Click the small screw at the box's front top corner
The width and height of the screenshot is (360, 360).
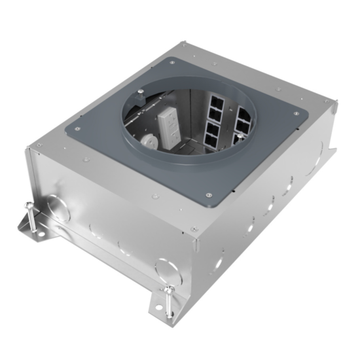point(193,228)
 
